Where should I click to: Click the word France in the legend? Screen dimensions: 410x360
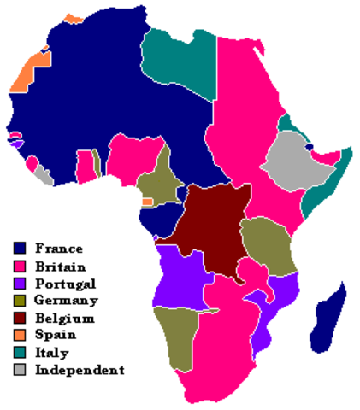59,249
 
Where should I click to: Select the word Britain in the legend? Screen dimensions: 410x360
60,266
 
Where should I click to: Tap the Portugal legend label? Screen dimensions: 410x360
65,283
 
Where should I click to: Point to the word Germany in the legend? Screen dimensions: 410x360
66,300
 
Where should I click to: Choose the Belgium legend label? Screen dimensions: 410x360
64,318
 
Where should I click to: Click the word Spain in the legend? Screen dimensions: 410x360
54,335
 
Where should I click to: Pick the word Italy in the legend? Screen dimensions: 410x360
51,352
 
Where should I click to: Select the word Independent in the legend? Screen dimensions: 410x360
80,370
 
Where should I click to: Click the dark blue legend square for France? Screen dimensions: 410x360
20,249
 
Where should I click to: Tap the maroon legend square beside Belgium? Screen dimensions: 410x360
20,318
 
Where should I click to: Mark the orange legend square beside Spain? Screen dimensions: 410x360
20,335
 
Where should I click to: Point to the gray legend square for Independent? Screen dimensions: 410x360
20,370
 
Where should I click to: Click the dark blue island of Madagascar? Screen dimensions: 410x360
330,316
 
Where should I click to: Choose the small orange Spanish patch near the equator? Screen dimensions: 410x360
147,202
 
